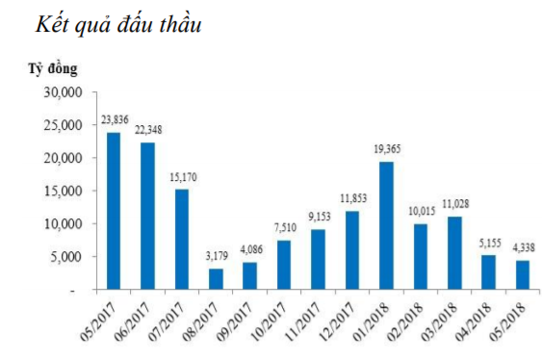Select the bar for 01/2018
386,225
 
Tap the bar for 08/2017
217,278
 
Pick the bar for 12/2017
352,249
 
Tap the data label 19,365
386,151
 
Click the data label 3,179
217,257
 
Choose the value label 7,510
284,229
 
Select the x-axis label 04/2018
479,321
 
